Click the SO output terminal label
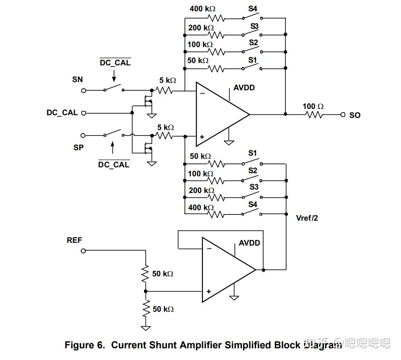(x=355, y=115)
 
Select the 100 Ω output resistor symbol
(x=314, y=115)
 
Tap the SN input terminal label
(x=77, y=79)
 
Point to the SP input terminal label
(x=78, y=148)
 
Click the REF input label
(x=74, y=240)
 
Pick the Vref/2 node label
(x=307, y=218)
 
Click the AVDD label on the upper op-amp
(x=244, y=88)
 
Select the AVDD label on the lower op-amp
(x=249, y=243)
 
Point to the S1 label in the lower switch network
(x=253, y=153)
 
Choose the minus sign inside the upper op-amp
(x=202, y=93)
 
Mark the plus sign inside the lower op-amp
(x=209, y=291)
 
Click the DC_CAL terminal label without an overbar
(x=62, y=113)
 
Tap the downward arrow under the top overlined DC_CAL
(x=114, y=74)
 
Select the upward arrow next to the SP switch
(x=113, y=148)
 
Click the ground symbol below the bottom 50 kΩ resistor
(x=146, y=328)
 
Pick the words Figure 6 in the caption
(x=84, y=345)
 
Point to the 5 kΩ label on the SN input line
(x=167, y=81)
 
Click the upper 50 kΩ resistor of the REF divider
(x=146, y=274)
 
